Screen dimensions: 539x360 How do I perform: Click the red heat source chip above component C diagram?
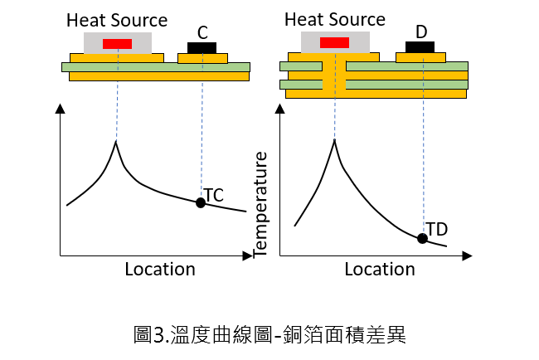click(117, 44)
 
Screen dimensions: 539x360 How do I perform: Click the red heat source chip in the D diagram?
click(334, 42)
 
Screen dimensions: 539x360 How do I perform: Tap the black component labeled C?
click(202, 48)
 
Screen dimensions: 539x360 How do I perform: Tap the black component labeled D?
click(420, 47)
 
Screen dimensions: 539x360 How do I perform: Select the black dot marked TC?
click(201, 202)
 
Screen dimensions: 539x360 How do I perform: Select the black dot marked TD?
click(422, 238)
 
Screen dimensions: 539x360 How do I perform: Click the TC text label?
click(214, 195)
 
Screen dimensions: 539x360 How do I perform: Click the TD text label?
click(437, 229)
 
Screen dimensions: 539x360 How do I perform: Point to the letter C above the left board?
click(202, 33)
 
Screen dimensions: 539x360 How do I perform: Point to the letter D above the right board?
click(421, 32)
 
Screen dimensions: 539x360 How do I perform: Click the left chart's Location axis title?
click(160, 269)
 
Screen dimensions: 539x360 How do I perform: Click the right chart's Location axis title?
click(380, 269)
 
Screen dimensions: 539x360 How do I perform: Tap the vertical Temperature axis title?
click(260, 205)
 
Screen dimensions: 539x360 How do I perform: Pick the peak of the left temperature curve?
click(116, 143)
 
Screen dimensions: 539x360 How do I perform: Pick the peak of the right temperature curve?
click(334, 140)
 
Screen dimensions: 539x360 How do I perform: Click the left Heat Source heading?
click(117, 20)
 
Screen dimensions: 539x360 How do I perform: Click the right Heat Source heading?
click(335, 19)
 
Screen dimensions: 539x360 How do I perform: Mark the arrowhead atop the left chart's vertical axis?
click(61, 109)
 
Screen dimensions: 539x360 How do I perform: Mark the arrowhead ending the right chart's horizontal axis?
click(467, 255)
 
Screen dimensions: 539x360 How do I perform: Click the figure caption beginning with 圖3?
click(269, 334)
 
